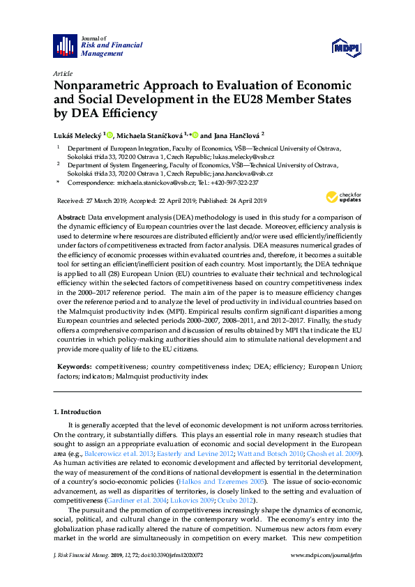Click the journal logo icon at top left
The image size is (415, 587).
coord(66,46)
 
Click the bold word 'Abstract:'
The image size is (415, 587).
coord(72,218)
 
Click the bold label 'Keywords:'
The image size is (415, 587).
coord(74,365)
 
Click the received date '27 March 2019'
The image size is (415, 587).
coord(103,201)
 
